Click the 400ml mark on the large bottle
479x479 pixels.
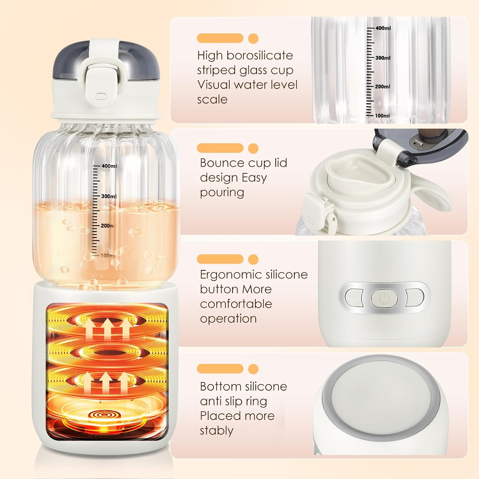[x=109, y=166]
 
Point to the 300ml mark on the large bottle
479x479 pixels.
[x=109, y=196]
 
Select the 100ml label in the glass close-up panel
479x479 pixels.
[x=382, y=116]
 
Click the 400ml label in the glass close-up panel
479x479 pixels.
[x=383, y=28]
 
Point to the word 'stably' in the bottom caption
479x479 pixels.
[x=217, y=431]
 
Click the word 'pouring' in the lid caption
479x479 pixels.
[x=222, y=193]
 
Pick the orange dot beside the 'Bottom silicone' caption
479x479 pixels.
[x=253, y=369]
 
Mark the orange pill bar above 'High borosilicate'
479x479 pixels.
[x=220, y=38]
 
